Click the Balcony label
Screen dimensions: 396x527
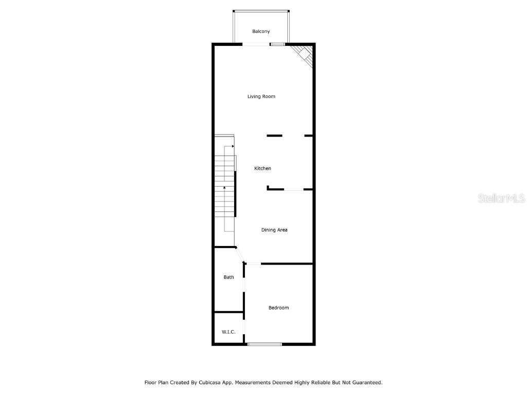(261, 32)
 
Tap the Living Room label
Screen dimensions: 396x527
(261, 96)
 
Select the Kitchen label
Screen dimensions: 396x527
(262, 169)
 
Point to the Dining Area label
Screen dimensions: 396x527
(274, 230)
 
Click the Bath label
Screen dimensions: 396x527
(229, 277)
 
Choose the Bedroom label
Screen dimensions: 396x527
(278, 308)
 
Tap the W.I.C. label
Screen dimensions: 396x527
(229, 332)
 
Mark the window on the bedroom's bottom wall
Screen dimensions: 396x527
(265, 344)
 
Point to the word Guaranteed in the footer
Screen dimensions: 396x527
(364, 383)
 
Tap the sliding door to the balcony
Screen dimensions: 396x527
(256, 45)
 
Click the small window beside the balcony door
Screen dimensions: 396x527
(278, 45)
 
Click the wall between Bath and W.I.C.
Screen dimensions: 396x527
(229, 312)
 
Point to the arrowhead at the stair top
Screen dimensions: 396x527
(233, 146)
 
